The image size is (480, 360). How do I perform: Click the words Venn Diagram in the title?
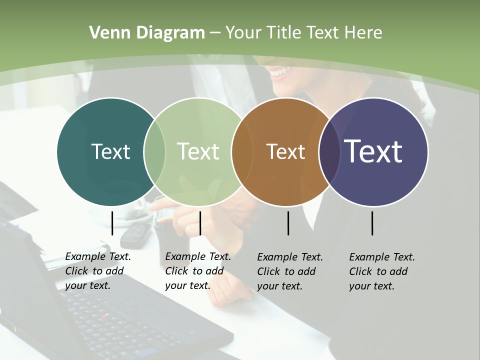147,33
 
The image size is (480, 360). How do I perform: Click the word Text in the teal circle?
110,151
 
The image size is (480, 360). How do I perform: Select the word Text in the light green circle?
198,151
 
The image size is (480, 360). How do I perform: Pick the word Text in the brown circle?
285,151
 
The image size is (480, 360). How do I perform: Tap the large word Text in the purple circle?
373,151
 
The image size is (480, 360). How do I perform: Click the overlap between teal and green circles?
154,151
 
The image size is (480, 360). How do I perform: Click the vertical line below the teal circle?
112,223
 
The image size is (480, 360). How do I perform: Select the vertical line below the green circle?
200,223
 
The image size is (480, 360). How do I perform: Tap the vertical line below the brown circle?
288,223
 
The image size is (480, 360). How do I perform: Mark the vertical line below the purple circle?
372,223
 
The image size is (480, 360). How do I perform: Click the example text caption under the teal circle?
98,271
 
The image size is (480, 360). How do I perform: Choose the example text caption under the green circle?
198,271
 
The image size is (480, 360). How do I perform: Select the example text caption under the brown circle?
290,271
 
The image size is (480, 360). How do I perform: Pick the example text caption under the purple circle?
382,271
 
